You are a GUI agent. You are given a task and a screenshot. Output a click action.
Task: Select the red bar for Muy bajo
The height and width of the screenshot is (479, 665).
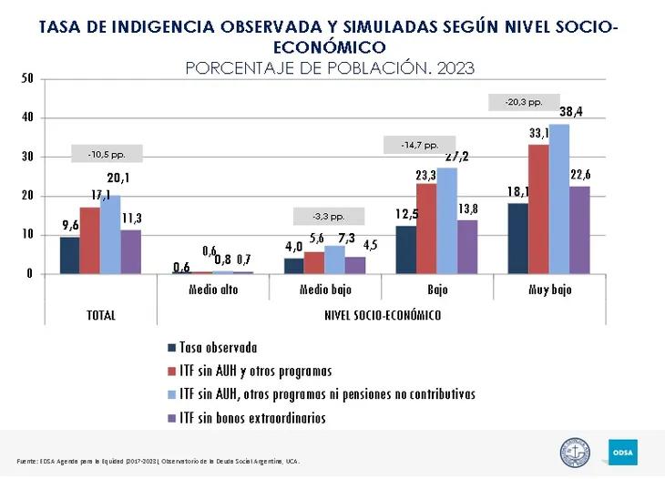[x=538, y=209]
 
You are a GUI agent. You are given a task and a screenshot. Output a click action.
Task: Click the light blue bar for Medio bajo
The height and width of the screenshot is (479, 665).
[x=335, y=260]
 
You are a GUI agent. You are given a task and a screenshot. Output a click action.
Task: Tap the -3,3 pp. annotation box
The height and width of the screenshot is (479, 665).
[x=328, y=217]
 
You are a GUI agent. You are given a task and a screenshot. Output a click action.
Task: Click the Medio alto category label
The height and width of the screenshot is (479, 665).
[x=214, y=289]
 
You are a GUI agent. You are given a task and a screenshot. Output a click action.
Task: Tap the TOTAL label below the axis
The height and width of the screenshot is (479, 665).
[x=100, y=315]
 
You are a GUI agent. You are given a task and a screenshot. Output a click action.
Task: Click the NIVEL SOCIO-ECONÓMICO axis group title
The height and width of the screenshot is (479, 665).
[x=383, y=315]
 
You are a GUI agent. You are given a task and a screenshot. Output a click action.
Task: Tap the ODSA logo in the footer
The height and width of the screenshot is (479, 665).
[x=623, y=451]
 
